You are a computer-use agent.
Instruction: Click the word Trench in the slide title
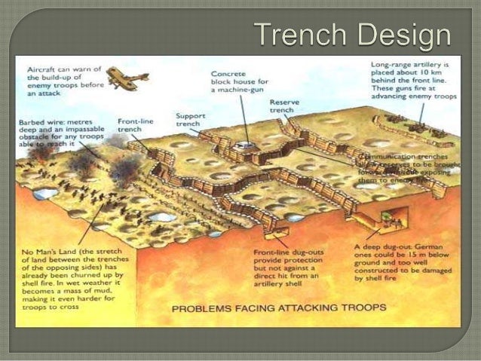pyautogui.click(x=293, y=35)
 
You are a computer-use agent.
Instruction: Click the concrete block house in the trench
pyautogui.click(x=242, y=144)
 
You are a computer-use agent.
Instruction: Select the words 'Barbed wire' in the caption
pyautogui.click(x=37, y=121)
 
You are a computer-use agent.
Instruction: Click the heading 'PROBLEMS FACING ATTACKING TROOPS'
pyautogui.click(x=268, y=307)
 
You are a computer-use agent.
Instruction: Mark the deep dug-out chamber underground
pyautogui.click(x=384, y=219)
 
